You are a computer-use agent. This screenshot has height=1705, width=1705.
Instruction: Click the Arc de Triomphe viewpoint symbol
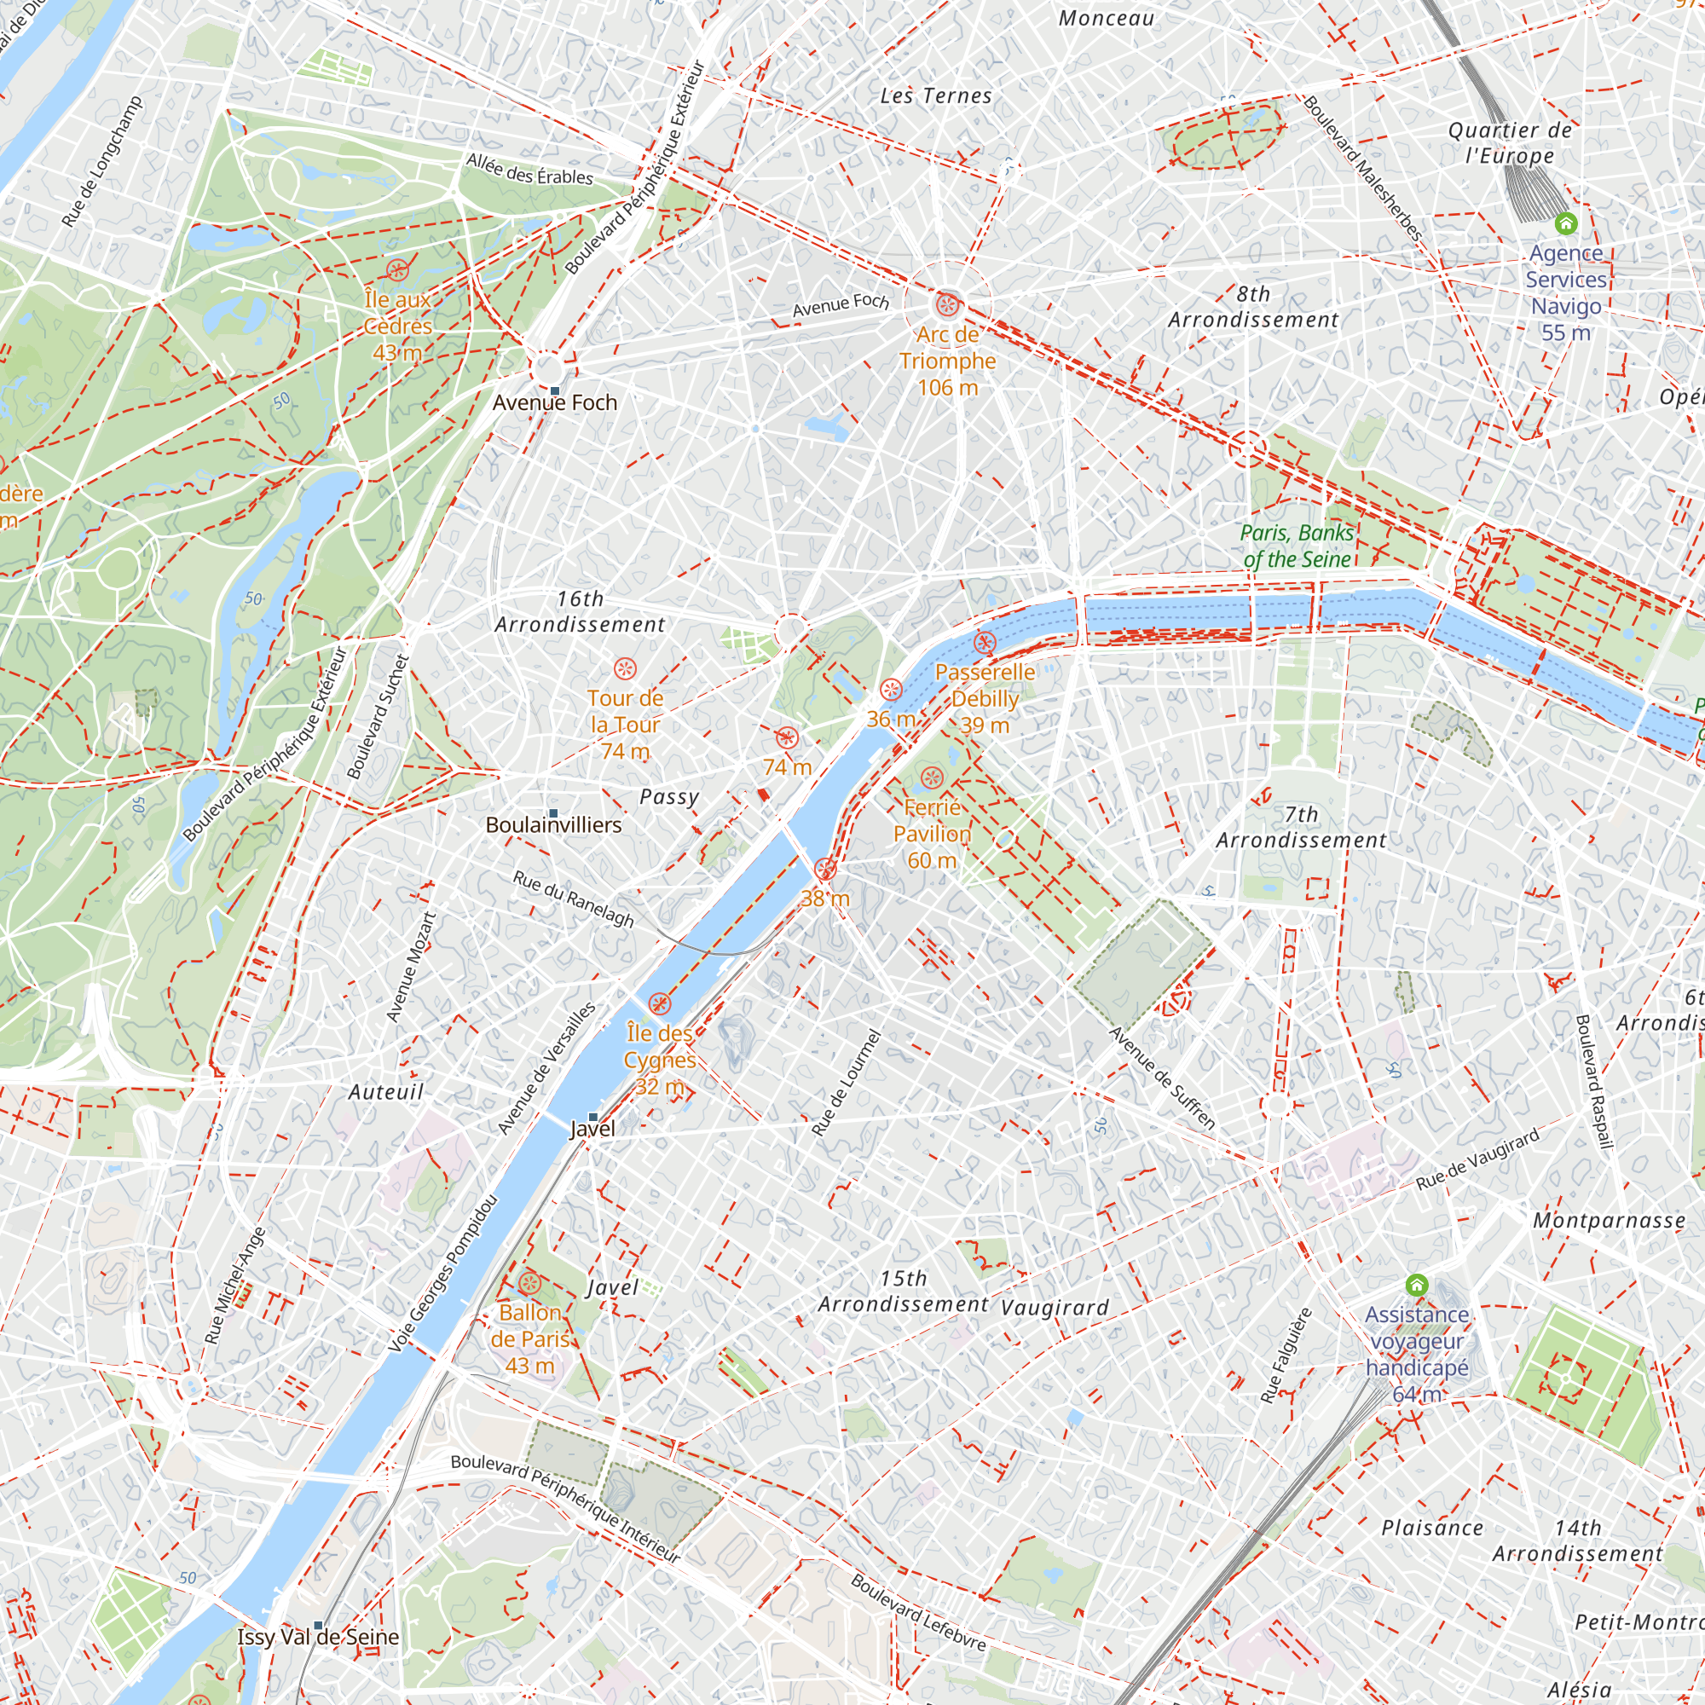click(x=947, y=305)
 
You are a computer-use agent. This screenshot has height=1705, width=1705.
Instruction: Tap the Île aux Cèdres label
click(x=397, y=326)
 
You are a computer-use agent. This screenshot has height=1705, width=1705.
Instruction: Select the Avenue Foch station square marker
click(x=554, y=390)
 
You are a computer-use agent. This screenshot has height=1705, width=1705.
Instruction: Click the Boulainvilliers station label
click(x=553, y=825)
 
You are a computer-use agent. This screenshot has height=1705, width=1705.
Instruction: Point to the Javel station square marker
click(x=593, y=1117)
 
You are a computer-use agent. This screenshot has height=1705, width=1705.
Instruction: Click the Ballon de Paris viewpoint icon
click(x=529, y=1283)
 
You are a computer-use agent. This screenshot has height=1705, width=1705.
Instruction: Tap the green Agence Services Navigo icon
click(x=1565, y=223)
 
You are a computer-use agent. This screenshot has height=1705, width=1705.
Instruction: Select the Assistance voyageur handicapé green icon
click(x=1416, y=1285)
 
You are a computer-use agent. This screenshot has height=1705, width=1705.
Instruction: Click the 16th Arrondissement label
click(x=580, y=611)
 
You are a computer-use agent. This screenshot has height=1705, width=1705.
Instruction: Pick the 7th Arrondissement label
click(x=1302, y=827)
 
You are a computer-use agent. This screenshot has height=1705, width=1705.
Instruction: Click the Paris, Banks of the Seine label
click(x=1297, y=546)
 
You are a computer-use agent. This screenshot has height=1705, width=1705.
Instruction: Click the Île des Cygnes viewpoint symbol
click(x=659, y=1003)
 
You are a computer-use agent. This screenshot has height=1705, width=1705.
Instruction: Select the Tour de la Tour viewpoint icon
click(x=625, y=668)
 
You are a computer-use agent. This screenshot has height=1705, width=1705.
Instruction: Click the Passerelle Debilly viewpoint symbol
click(x=985, y=643)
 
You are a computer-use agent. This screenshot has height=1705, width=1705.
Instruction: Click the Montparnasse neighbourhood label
click(x=1609, y=1221)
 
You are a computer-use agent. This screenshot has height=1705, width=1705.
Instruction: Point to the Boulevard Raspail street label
click(x=1594, y=1082)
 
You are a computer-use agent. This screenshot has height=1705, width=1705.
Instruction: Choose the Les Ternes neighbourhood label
click(x=935, y=95)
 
